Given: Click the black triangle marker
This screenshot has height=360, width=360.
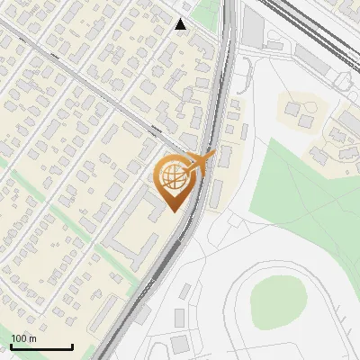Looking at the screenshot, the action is tap(181, 24).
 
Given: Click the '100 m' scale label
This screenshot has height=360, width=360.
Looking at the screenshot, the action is tap(23, 338).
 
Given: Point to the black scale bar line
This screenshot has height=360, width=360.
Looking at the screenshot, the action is tap(41, 346).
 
